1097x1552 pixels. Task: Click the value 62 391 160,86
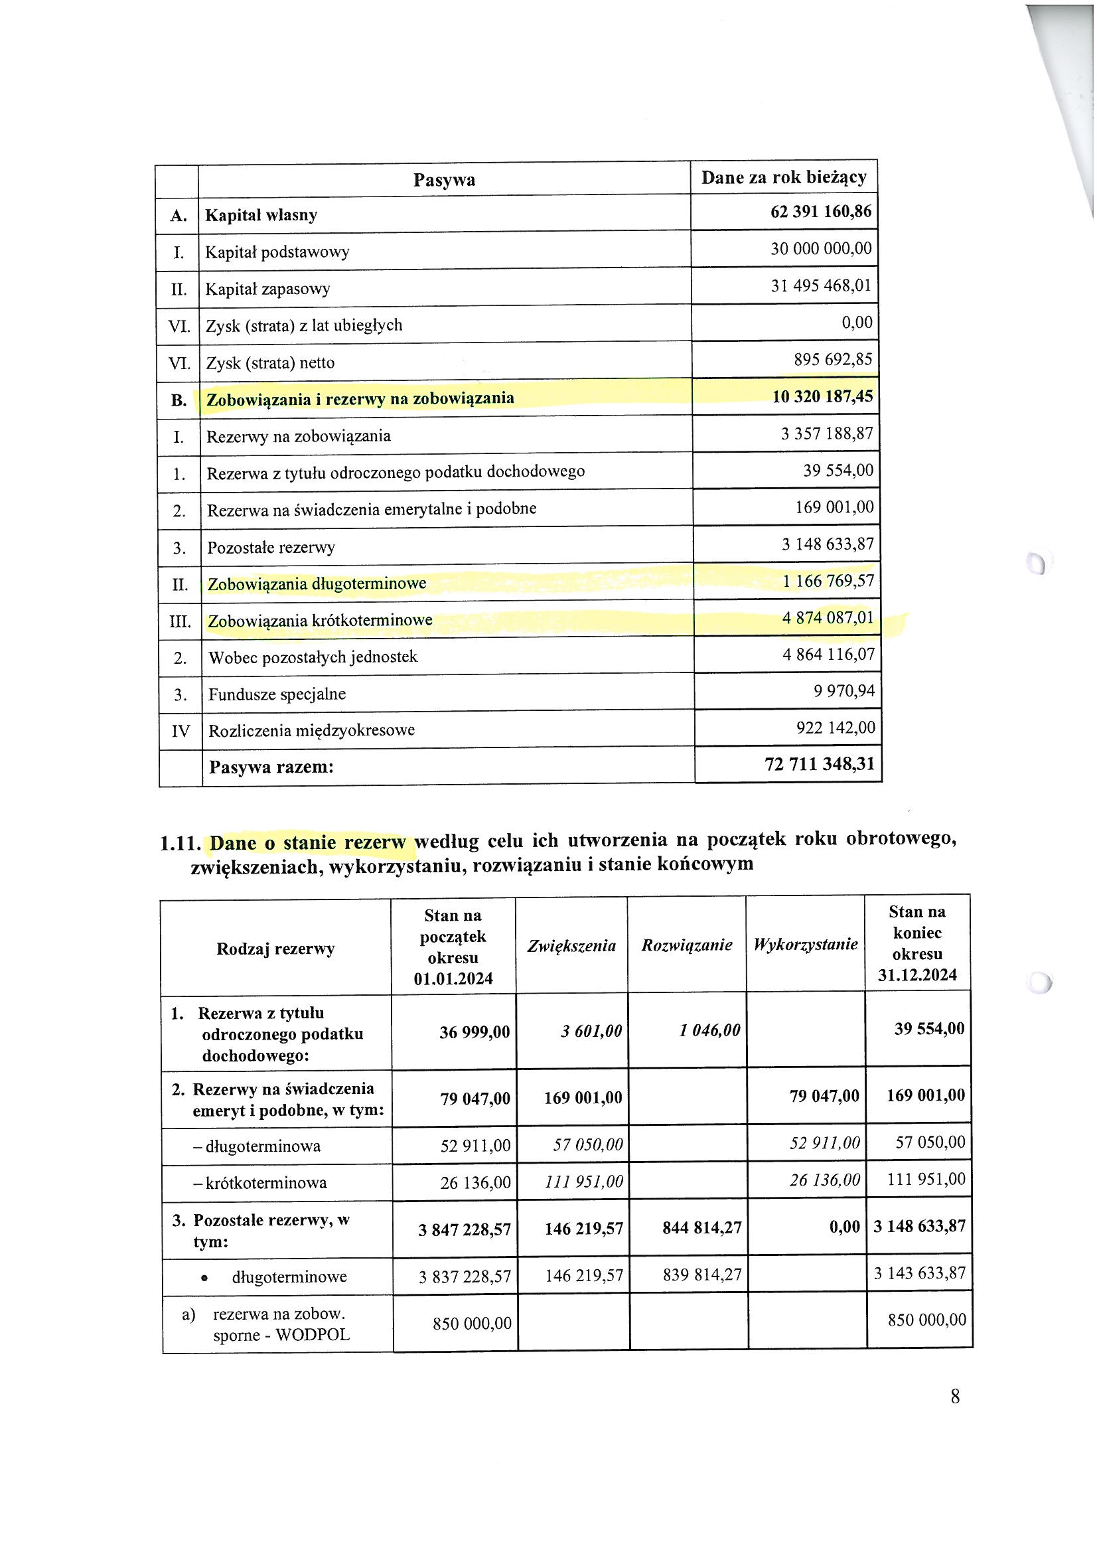(x=820, y=212)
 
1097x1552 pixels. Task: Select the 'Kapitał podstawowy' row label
(x=277, y=252)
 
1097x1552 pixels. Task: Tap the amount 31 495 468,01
(x=821, y=286)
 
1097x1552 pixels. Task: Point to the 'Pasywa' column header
(x=444, y=180)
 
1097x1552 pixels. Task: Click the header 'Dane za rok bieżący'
(x=783, y=178)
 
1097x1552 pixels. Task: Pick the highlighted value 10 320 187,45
(x=822, y=396)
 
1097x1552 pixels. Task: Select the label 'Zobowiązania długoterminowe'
(x=317, y=583)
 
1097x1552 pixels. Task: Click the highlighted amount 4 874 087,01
(x=828, y=617)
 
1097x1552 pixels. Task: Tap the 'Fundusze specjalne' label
(x=277, y=694)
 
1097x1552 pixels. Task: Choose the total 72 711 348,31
(x=819, y=765)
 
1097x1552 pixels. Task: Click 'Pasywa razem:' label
(x=271, y=767)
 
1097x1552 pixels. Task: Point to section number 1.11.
(x=181, y=844)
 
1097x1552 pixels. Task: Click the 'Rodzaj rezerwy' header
(x=275, y=949)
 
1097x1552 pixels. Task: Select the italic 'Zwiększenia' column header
(x=571, y=946)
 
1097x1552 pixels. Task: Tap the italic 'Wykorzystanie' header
(x=805, y=945)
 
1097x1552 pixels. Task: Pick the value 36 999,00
(x=475, y=1033)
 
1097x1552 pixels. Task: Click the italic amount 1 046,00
(x=709, y=1031)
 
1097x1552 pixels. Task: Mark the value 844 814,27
(x=701, y=1227)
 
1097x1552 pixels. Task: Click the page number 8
(x=954, y=1397)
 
